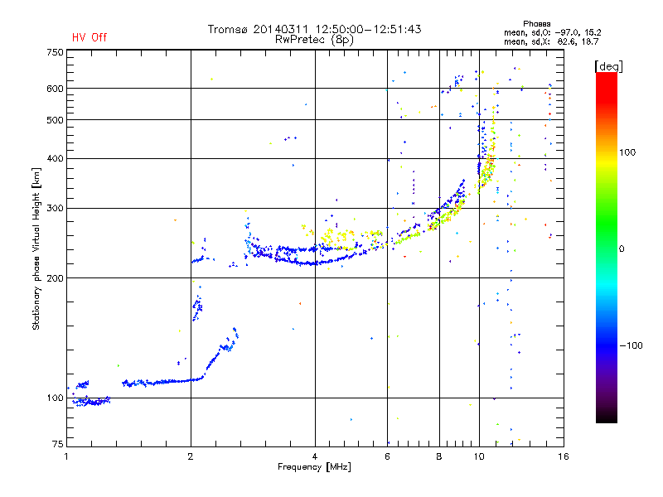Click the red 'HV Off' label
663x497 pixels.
tap(89, 37)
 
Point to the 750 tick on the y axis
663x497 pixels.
tap(55, 52)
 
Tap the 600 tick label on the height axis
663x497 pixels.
tap(55, 89)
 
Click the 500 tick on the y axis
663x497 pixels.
tap(55, 120)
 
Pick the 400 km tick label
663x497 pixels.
tap(55, 158)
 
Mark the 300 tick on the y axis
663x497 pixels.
tap(55, 208)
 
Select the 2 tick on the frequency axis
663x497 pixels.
tap(191, 456)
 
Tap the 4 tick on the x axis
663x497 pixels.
tap(315, 456)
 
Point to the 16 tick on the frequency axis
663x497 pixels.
tap(563, 456)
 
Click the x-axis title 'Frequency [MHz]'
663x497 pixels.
tap(315, 467)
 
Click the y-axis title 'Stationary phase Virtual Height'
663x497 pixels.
tap(36, 248)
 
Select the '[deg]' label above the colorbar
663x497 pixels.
tap(608, 65)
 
